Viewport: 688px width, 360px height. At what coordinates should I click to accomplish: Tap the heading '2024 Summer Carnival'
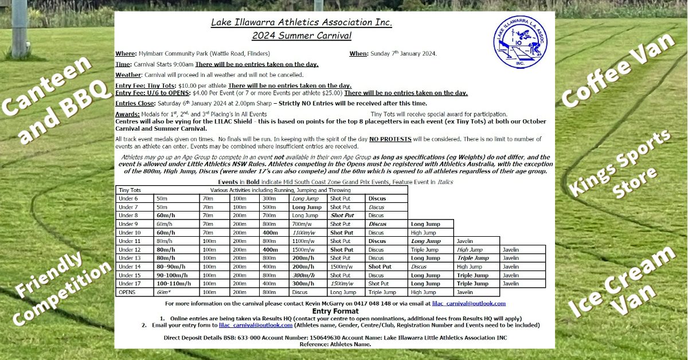(x=302, y=35)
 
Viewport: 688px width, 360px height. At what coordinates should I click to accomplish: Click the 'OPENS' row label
(x=127, y=292)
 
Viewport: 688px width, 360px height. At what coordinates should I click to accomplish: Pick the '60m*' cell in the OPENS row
(x=165, y=292)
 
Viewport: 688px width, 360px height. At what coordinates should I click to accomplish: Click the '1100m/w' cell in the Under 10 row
(x=304, y=233)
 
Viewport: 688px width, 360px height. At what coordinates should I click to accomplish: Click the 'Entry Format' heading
(x=335, y=311)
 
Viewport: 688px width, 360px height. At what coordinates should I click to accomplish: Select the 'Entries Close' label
(x=135, y=103)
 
